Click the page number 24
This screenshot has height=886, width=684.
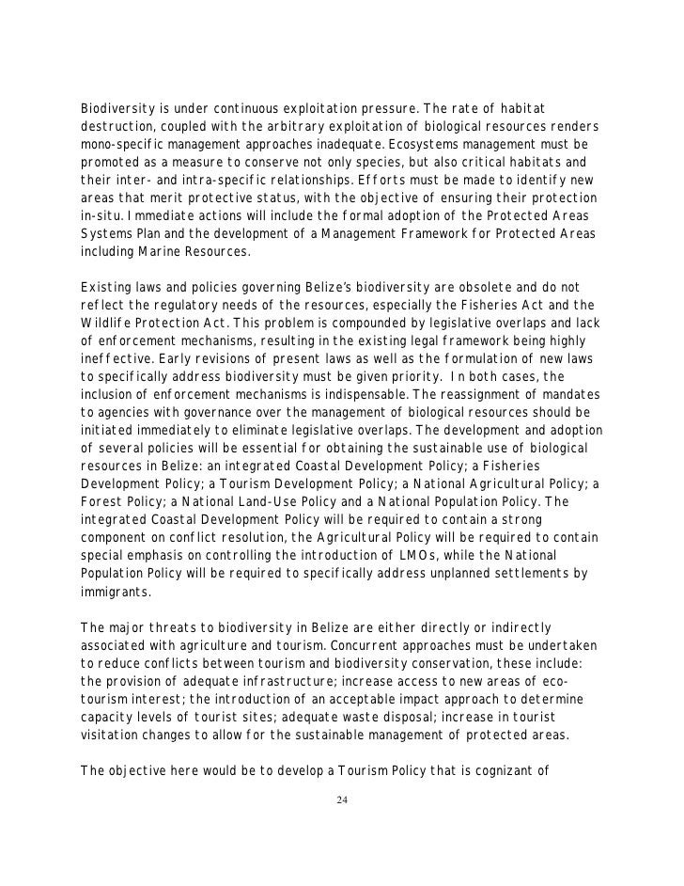pos(342,800)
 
